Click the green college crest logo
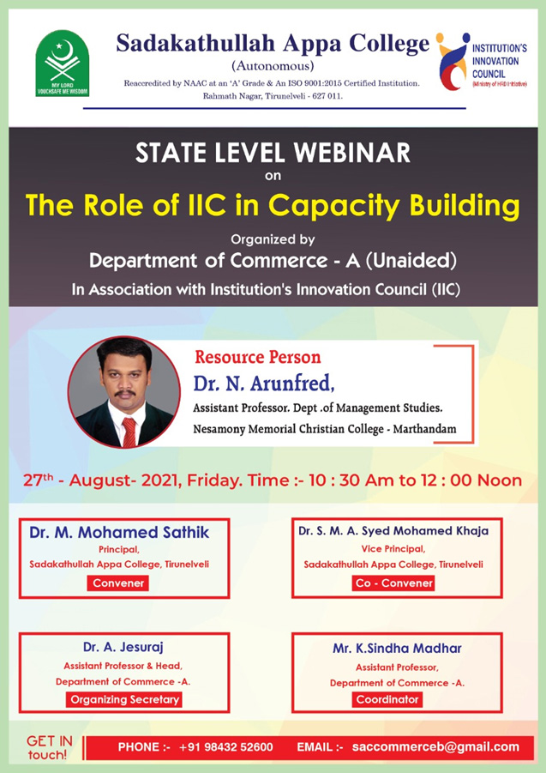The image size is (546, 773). [x=62, y=63]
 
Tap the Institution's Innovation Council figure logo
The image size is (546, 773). [x=453, y=61]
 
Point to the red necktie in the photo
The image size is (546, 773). [x=129, y=432]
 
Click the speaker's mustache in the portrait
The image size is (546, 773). [x=124, y=393]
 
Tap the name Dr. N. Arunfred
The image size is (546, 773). [x=264, y=383]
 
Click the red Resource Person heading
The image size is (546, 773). [x=257, y=357]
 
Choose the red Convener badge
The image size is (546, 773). [x=118, y=583]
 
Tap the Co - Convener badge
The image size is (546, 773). [x=394, y=583]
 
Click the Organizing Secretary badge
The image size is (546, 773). [x=124, y=699]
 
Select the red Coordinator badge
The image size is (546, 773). [x=387, y=699]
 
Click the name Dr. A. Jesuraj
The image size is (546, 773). [x=123, y=647]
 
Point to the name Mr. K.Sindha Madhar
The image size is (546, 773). [x=398, y=649]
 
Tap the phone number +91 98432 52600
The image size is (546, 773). [x=226, y=747]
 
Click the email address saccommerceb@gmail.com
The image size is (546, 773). [x=435, y=747]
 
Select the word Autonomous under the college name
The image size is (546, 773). [x=273, y=65]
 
